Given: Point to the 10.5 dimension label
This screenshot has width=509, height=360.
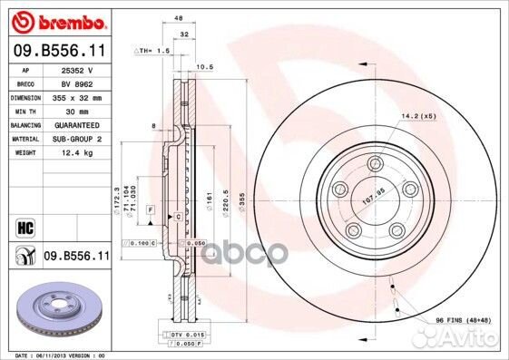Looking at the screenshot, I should [204, 66].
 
